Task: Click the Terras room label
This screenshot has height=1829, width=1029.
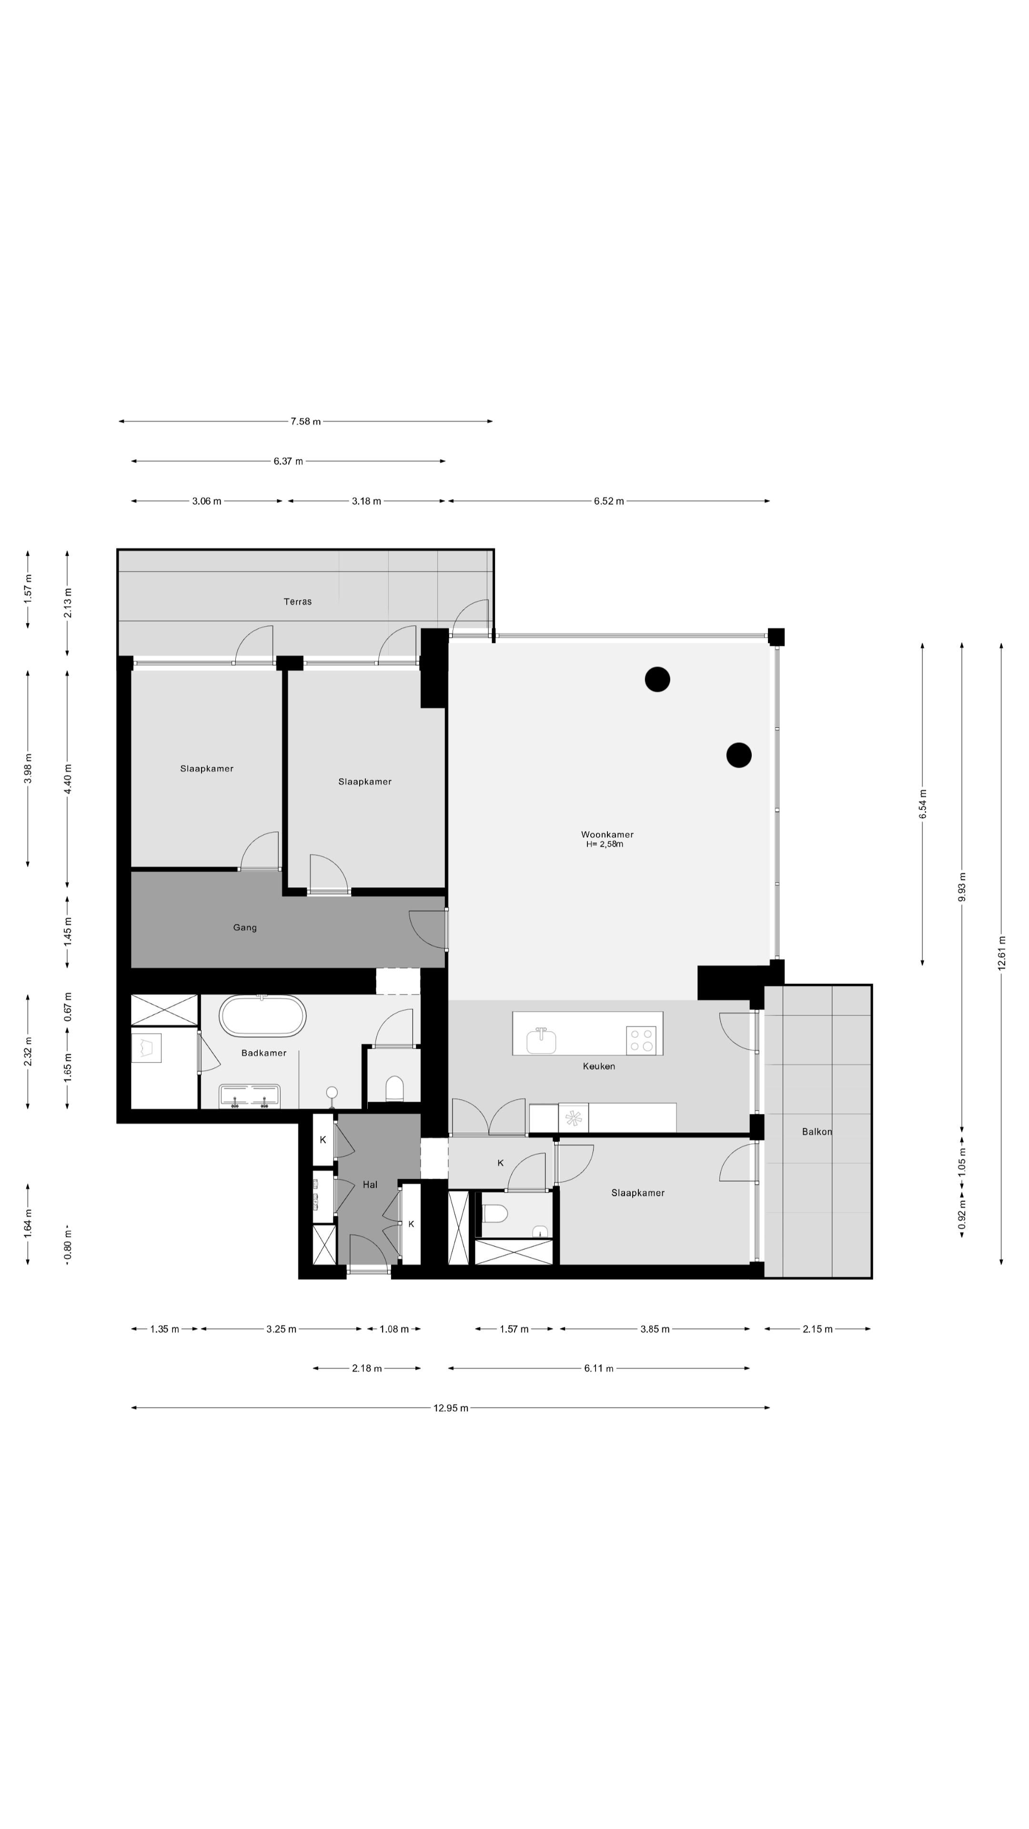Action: click(298, 602)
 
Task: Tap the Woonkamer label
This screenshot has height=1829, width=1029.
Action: click(606, 834)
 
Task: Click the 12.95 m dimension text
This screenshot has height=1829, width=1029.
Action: click(450, 1408)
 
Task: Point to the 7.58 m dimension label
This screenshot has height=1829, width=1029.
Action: click(305, 422)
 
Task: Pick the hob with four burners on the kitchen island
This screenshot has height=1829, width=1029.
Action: click(641, 1041)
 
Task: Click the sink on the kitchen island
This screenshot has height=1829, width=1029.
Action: click(542, 1040)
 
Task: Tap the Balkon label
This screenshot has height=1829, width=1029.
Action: click(817, 1132)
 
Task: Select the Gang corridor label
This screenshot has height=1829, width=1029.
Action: click(245, 927)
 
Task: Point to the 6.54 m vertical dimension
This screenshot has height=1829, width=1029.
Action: click(922, 804)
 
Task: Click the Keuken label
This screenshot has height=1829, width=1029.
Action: click(599, 1066)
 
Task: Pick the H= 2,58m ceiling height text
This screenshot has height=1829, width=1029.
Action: click(605, 844)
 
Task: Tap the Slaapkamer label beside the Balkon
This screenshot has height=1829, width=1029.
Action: click(638, 1193)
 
